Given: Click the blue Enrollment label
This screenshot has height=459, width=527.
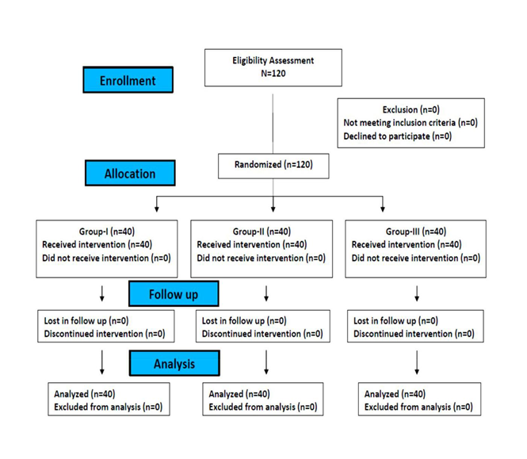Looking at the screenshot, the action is point(128,80).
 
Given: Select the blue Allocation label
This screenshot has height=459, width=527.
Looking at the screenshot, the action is point(130,173).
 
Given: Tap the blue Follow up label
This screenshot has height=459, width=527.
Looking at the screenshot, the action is point(174,293).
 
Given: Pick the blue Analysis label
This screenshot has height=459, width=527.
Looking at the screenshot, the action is point(174,363).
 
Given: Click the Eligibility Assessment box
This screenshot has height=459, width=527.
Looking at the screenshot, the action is point(273,67).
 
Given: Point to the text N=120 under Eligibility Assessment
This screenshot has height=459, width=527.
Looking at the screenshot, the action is point(273,73).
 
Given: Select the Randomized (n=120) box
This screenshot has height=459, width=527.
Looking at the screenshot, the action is point(273,166).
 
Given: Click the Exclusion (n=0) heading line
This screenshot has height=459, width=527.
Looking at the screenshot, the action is point(411,109).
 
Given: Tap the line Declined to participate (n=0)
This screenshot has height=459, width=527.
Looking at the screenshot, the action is point(397,136).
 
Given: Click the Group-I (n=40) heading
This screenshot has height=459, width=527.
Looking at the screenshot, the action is point(107,231).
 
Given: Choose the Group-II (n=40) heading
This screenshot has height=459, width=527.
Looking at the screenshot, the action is point(262,231).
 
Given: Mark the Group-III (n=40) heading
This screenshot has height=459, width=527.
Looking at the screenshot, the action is point(416,231).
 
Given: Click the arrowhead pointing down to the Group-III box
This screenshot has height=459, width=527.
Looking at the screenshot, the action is point(383,208).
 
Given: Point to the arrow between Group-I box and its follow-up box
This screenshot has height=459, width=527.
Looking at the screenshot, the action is point(102,293).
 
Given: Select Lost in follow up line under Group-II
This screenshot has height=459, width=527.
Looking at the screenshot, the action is point(244,321).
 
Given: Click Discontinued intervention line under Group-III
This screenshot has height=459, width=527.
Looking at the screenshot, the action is point(414,334).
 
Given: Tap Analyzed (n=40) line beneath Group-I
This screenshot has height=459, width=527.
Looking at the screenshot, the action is point(85,394).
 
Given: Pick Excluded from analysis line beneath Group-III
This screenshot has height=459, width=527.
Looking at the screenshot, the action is point(418,407).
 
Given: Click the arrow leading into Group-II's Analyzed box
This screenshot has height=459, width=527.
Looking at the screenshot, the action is point(266,362).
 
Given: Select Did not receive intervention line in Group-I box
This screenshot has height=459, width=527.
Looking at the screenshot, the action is point(106,258).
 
